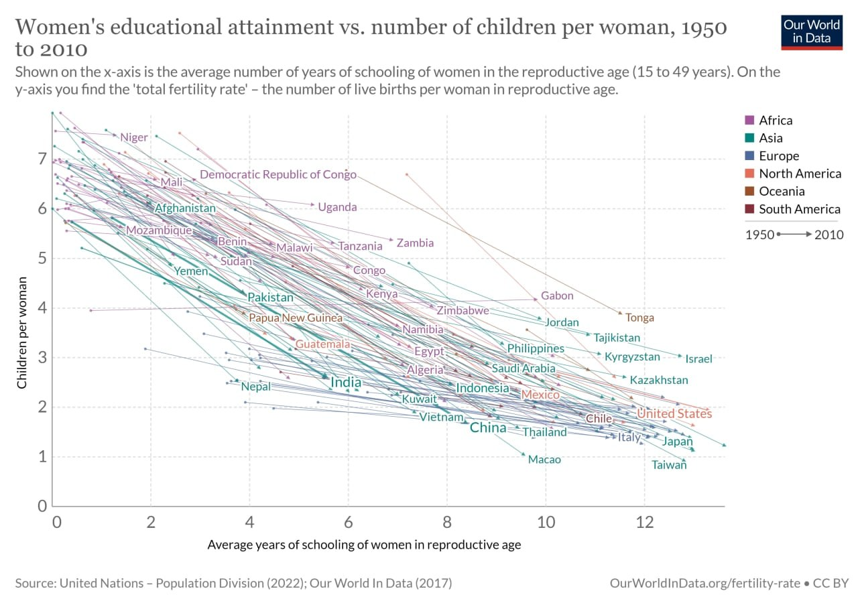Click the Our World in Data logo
click(x=811, y=31)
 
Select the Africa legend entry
click(x=775, y=121)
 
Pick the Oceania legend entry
click(x=781, y=192)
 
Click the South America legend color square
click(x=750, y=209)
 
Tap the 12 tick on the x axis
click(x=644, y=521)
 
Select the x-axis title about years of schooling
click(x=364, y=545)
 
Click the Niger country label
click(x=134, y=137)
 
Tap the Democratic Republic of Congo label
click(x=278, y=175)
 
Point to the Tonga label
click(x=639, y=318)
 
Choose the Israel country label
click(x=698, y=359)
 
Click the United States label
click(x=674, y=414)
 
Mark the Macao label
click(x=544, y=460)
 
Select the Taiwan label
click(x=669, y=465)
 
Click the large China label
click(x=488, y=427)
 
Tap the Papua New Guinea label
click(x=296, y=318)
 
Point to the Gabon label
click(x=557, y=295)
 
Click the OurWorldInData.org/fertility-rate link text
click(x=705, y=584)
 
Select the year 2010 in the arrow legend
click(x=829, y=234)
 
